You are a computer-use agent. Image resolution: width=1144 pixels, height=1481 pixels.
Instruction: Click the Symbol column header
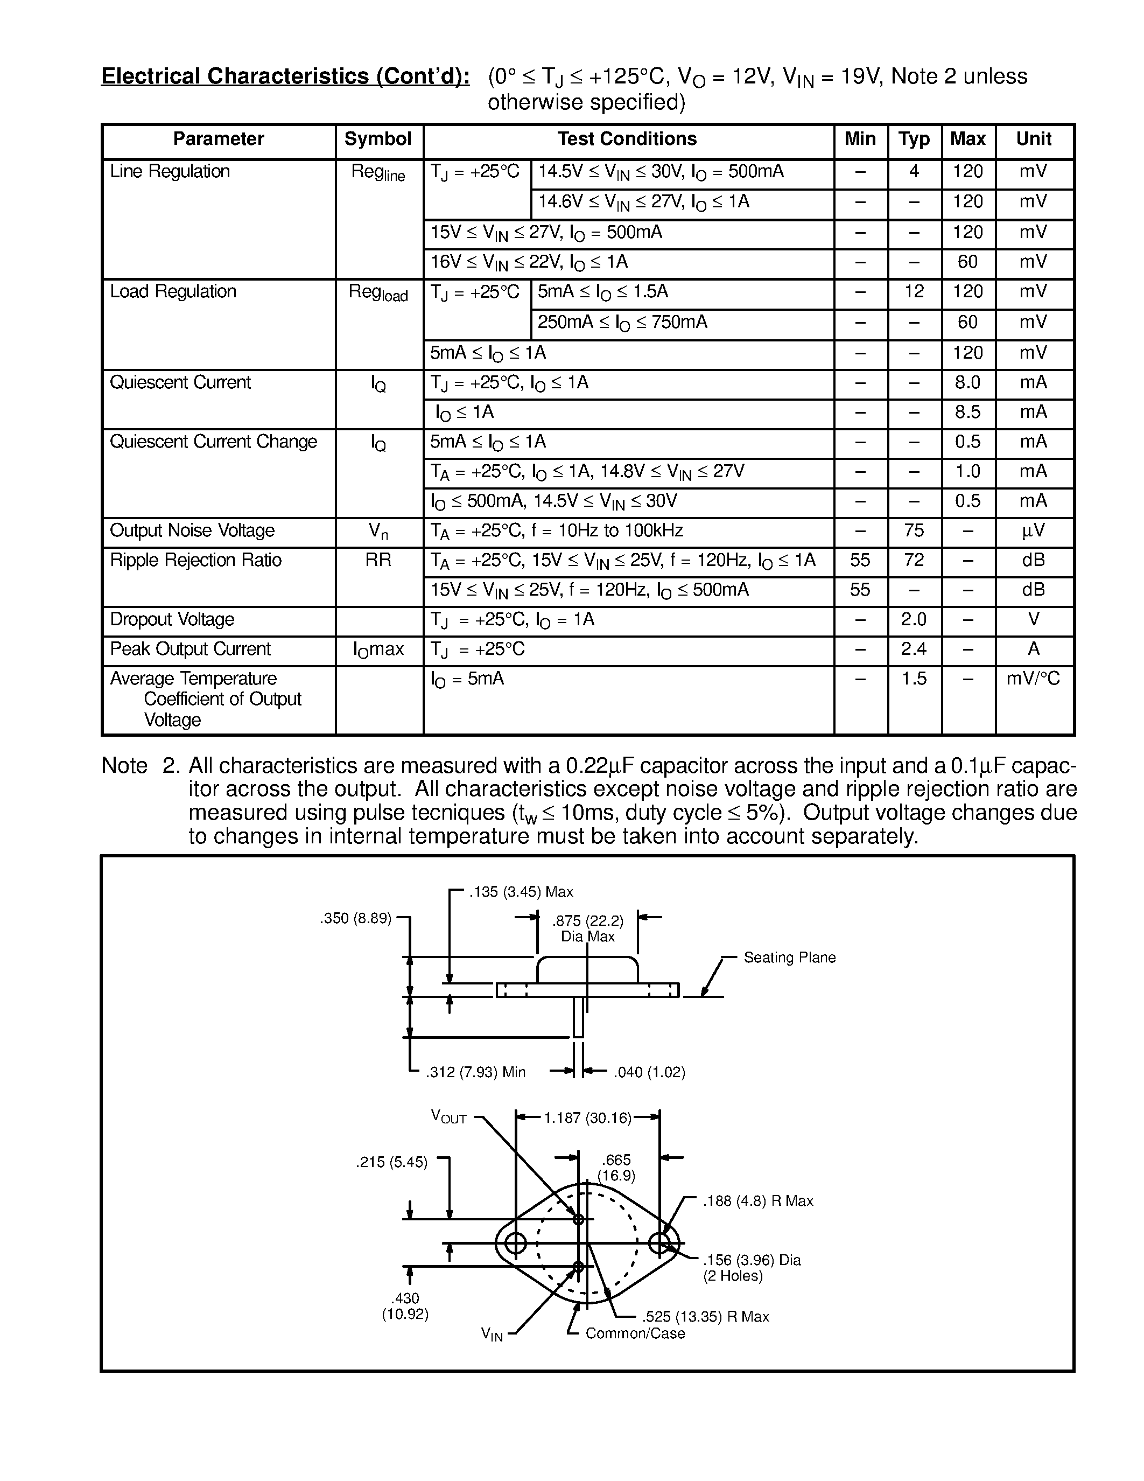tap(377, 139)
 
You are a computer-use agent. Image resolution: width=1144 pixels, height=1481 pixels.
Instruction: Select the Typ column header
tap(914, 139)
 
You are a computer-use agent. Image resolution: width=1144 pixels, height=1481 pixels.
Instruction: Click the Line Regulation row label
tap(170, 172)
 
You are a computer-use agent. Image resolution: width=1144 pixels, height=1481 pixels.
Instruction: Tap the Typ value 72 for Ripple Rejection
tap(914, 560)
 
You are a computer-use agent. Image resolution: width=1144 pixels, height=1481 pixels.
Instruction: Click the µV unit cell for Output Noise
tap(1033, 531)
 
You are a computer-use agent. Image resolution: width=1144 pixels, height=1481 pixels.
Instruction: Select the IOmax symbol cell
tap(377, 649)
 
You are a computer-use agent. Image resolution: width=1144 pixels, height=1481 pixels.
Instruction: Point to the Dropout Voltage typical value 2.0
tap(914, 620)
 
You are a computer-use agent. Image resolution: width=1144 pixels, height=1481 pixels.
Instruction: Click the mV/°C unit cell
tap(1033, 679)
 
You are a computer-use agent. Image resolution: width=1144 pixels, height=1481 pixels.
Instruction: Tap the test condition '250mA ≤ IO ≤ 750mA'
tap(622, 323)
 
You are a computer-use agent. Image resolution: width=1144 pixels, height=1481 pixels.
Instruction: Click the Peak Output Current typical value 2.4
tap(914, 649)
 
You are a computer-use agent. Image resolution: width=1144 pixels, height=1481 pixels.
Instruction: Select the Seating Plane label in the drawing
tap(790, 958)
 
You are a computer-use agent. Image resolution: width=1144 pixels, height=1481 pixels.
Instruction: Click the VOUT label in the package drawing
tap(448, 1117)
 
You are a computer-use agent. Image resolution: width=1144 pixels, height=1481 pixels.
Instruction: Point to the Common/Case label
tap(635, 1333)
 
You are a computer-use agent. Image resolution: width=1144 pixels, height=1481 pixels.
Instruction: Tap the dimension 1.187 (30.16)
tap(587, 1117)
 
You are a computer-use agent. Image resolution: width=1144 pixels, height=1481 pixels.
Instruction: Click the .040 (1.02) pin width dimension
tap(649, 1072)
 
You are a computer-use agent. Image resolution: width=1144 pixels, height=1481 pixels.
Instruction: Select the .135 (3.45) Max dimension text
tap(521, 892)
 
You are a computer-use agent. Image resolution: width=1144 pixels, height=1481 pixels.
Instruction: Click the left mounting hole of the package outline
tap(516, 1243)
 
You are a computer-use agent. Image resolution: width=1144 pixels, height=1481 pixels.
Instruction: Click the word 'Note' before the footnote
tap(124, 766)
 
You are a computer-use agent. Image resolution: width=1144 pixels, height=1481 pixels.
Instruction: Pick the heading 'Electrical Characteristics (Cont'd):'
tap(285, 76)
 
